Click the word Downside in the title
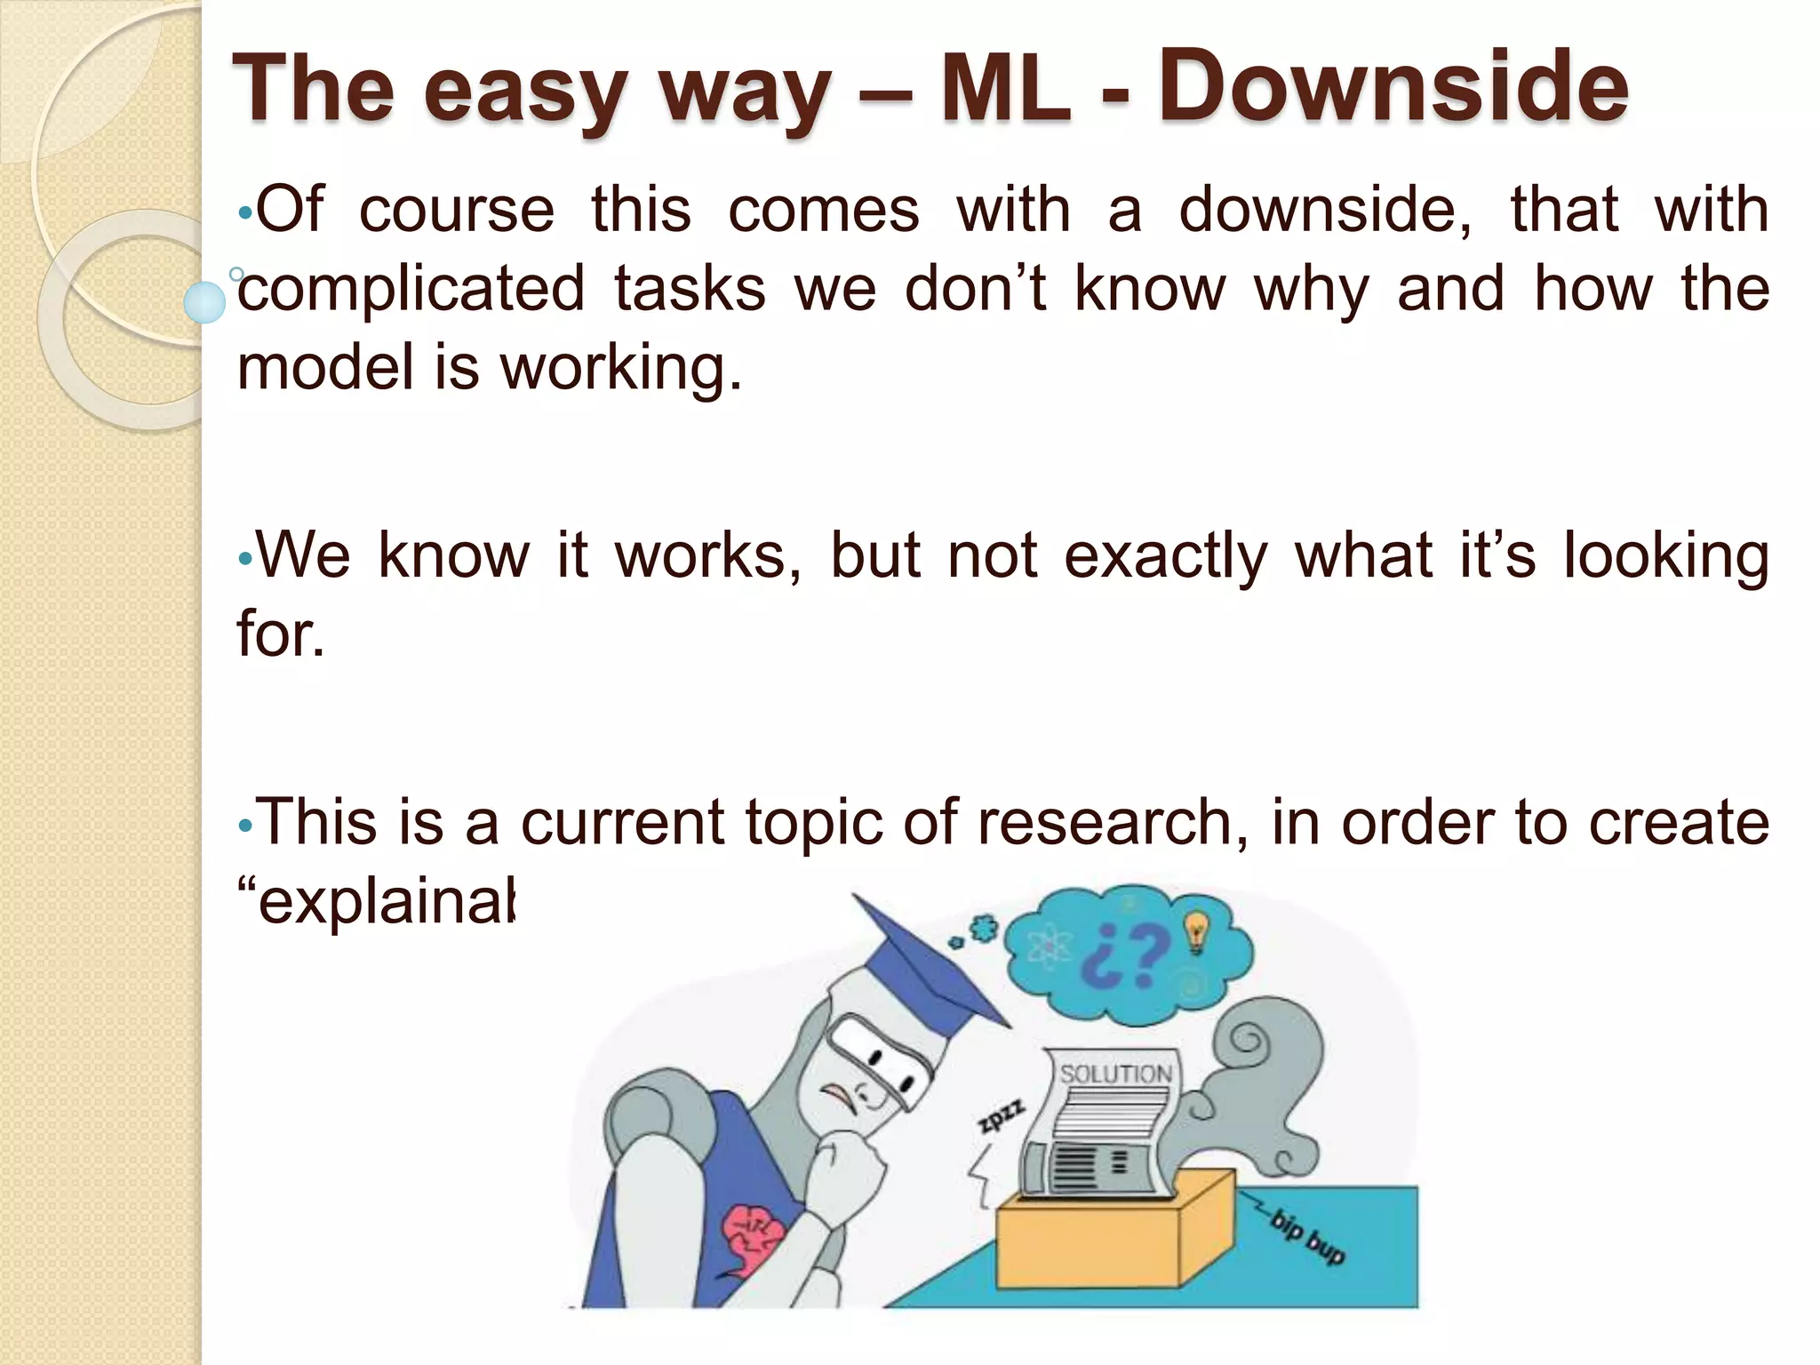1393,87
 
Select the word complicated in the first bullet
411,290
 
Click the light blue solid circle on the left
205,302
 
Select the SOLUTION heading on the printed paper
1115,1074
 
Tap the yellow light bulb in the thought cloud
1197,931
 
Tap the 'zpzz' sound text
1002,1116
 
